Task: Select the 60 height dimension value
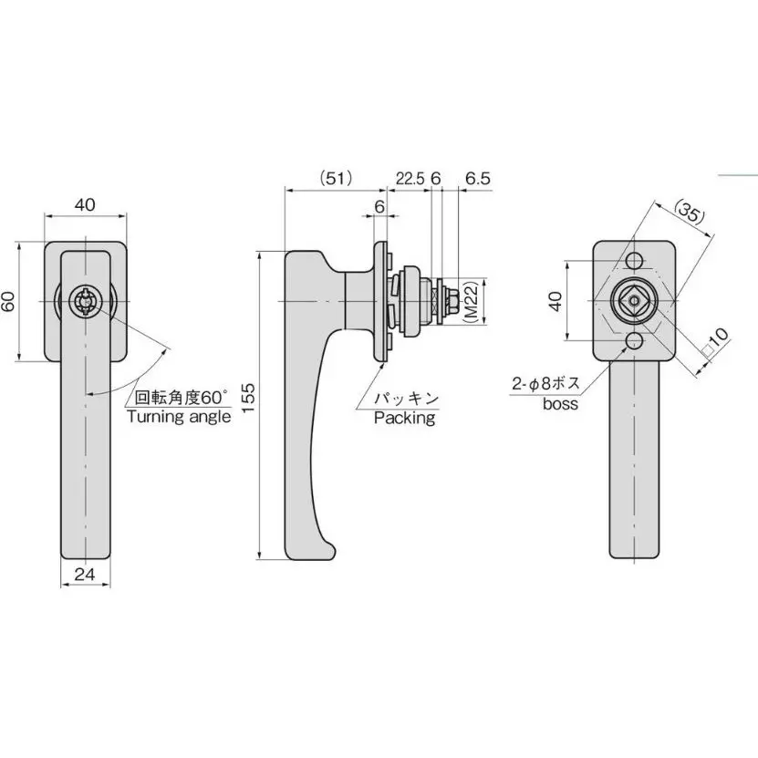(8, 302)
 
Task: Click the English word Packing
(404, 419)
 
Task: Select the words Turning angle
(178, 417)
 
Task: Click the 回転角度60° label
(179, 398)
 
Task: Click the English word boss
(559, 403)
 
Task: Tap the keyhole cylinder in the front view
(86, 302)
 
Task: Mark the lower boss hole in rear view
(634, 342)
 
